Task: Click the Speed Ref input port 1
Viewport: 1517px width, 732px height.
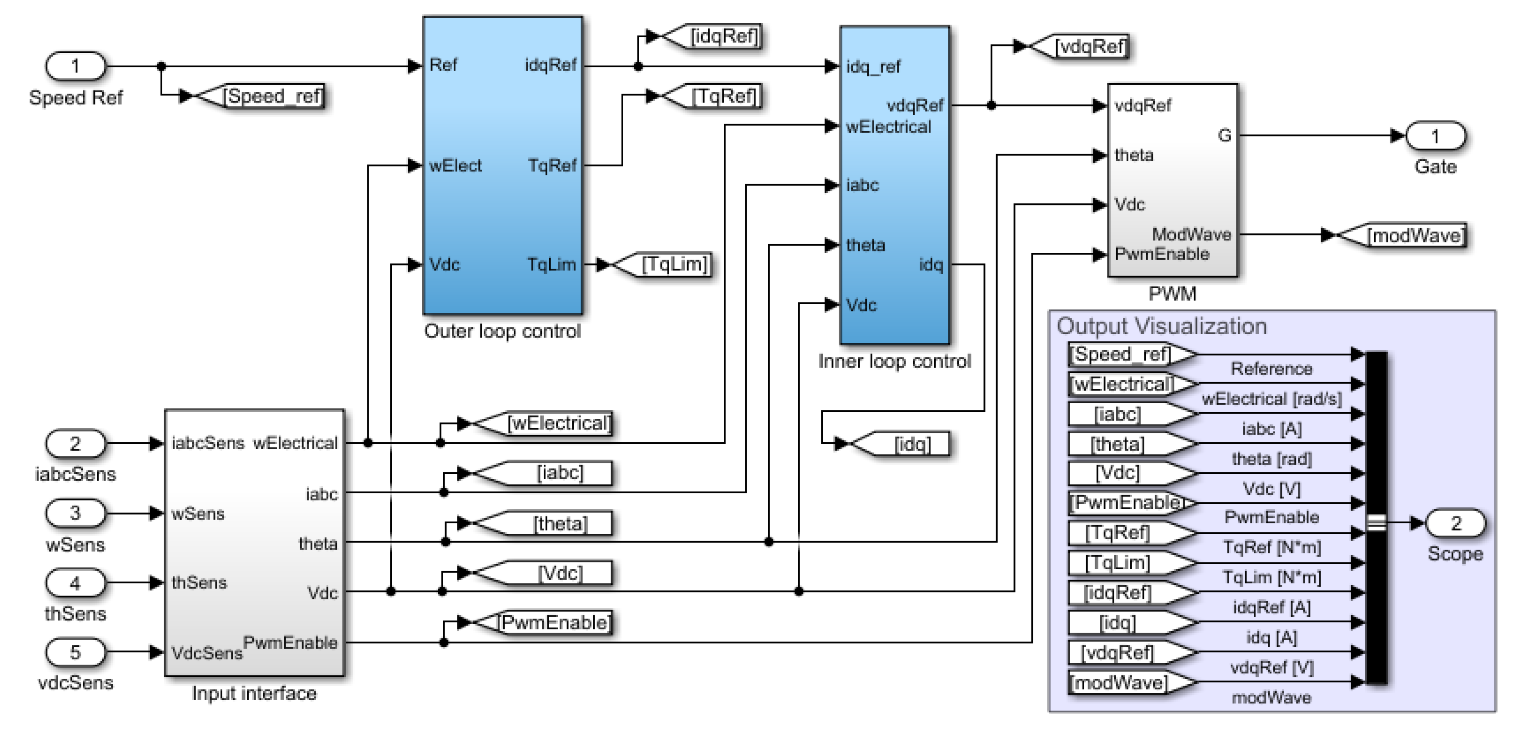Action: [75, 66]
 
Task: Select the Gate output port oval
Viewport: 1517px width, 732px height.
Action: [1435, 136]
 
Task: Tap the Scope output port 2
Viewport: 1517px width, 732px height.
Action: [1455, 523]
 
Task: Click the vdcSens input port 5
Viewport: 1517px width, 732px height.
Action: [75, 652]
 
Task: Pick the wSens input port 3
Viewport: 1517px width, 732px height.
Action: [75, 513]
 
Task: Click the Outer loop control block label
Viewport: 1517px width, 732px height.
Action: [502, 331]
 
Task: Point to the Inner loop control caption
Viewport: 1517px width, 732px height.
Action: [894, 361]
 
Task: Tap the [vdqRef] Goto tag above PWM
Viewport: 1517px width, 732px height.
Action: [1084, 46]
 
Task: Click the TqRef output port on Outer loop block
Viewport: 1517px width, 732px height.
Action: [552, 165]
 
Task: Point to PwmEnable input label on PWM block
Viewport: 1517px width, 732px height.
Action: [1162, 255]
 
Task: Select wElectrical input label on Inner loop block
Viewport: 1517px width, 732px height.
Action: [888, 126]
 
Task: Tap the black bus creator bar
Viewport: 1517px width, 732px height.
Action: [1376, 518]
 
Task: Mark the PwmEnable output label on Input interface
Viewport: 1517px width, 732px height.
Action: [290, 642]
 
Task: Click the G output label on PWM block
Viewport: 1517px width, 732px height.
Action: [1224, 135]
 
